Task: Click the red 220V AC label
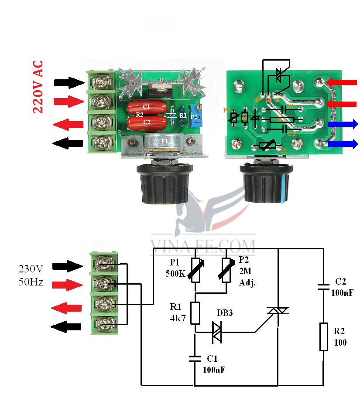pyautogui.click(x=38, y=87)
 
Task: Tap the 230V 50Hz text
pyautogui.click(x=31, y=275)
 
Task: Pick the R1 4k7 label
pyautogui.click(x=178, y=312)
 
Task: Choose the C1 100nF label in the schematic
pyautogui.click(x=214, y=364)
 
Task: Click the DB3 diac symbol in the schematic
pyautogui.click(x=217, y=332)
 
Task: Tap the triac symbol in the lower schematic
pyautogui.click(x=278, y=310)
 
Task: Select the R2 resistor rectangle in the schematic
pyautogui.click(x=323, y=336)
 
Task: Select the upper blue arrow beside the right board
pyautogui.click(x=343, y=125)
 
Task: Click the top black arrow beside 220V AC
pyautogui.click(x=69, y=82)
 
